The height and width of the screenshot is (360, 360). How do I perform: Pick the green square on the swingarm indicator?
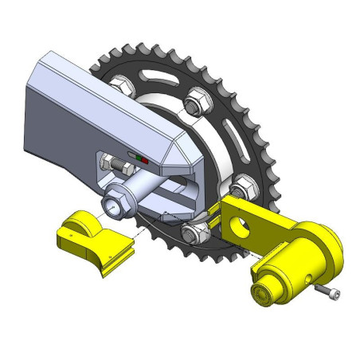click(139, 159)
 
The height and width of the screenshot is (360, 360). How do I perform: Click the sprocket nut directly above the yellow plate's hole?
click(243, 186)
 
